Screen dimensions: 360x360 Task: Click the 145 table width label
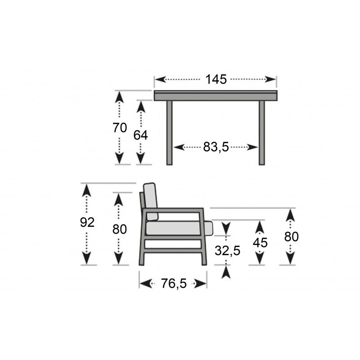pyautogui.click(x=216, y=80)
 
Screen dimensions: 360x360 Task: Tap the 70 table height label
pyautogui.click(x=120, y=128)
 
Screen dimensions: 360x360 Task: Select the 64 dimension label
pyautogui.click(x=140, y=135)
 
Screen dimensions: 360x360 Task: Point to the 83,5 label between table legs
pyautogui.click(x=216, y=147)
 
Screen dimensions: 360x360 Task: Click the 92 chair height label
pyautogui.click(x=87, y=222)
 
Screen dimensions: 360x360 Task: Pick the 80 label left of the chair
pyautogui.click(x=120, y=229)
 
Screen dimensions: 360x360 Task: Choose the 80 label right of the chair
pyautogui.click(x=291, y=237)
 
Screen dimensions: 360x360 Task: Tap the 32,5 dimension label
pyautogui.click(x=228, y=251)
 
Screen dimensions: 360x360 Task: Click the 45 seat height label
pyautogui.click(x=260, y=243)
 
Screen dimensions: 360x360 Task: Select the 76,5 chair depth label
pyautogui.click(x=174, y=283)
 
